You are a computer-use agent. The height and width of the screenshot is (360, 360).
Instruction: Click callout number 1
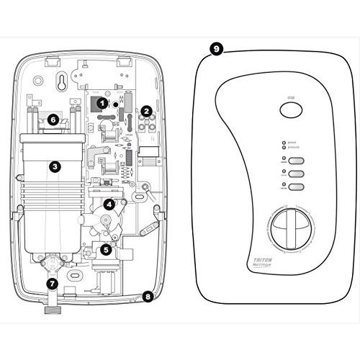click(x=102, y=103)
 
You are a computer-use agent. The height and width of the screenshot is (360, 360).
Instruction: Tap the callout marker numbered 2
click(x=146, y=111)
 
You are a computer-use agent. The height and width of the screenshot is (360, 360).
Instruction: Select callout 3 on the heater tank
click(x=54, y=166)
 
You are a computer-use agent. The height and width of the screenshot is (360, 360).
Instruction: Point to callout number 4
click(x=108, y=204)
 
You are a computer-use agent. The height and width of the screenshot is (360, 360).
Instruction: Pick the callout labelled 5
click(x=106, y=250)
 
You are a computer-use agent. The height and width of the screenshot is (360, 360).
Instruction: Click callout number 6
click(x=53, y=119)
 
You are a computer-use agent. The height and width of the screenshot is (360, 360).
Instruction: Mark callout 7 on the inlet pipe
click(x=53, y=284)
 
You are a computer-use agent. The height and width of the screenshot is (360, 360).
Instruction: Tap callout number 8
click(x=148, y=295)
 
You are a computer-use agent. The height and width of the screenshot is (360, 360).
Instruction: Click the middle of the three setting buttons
click(x=294, y=174)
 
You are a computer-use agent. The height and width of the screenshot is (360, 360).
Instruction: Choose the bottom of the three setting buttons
click(x=294, y=187)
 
